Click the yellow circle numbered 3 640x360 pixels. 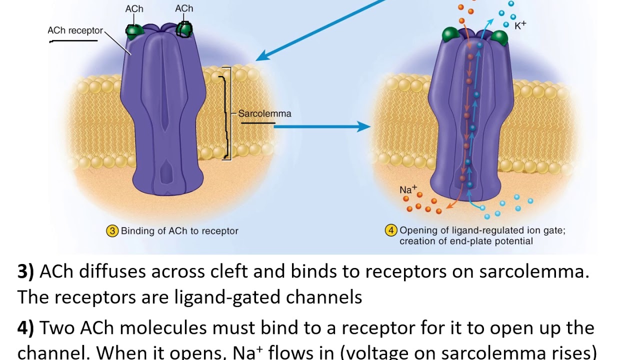112,231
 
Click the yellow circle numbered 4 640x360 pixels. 390,231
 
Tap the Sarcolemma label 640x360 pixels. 264,113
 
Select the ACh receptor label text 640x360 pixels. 75,30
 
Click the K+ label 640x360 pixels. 520,25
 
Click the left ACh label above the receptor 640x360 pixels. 134,8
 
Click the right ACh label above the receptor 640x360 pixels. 184,8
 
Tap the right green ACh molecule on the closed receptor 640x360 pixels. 184,30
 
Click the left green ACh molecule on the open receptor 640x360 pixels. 450,35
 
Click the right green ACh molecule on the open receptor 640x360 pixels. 499,37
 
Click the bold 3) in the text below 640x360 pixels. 25,271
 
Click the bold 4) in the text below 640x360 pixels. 25,328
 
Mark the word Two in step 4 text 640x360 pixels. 55,328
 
